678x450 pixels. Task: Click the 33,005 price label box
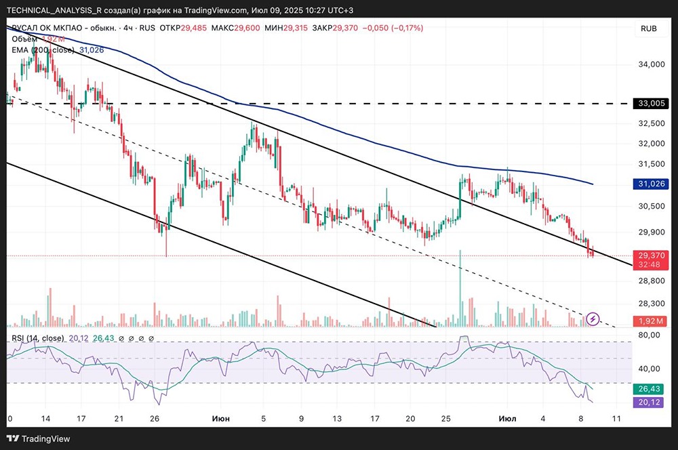click(x=653, y=104)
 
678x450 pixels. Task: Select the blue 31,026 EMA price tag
click(x=653, y=184)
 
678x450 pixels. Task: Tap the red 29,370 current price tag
click(x=653, y=255)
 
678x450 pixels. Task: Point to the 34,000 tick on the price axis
click(x=653, y=65)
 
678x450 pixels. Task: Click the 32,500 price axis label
click(x=653, y=123)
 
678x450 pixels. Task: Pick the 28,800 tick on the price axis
click(x=653, y=281)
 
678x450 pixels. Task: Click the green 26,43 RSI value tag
click(x=653, y=389)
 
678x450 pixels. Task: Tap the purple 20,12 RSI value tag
click(x=653, y=402)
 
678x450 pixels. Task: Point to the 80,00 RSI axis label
click(x=652, y=335)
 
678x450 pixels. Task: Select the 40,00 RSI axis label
click(x=652, y=369)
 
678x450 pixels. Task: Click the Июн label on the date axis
click(x=221, y=419)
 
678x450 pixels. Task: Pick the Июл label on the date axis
click(x=499, y=419)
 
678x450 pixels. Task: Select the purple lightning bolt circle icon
click(x=593, y=318)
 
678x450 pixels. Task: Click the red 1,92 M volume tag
click(x=653, y=321)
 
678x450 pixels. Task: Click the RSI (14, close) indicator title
click(x=38, y=338)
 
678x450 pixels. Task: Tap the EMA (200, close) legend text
click(x=43, y=50)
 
